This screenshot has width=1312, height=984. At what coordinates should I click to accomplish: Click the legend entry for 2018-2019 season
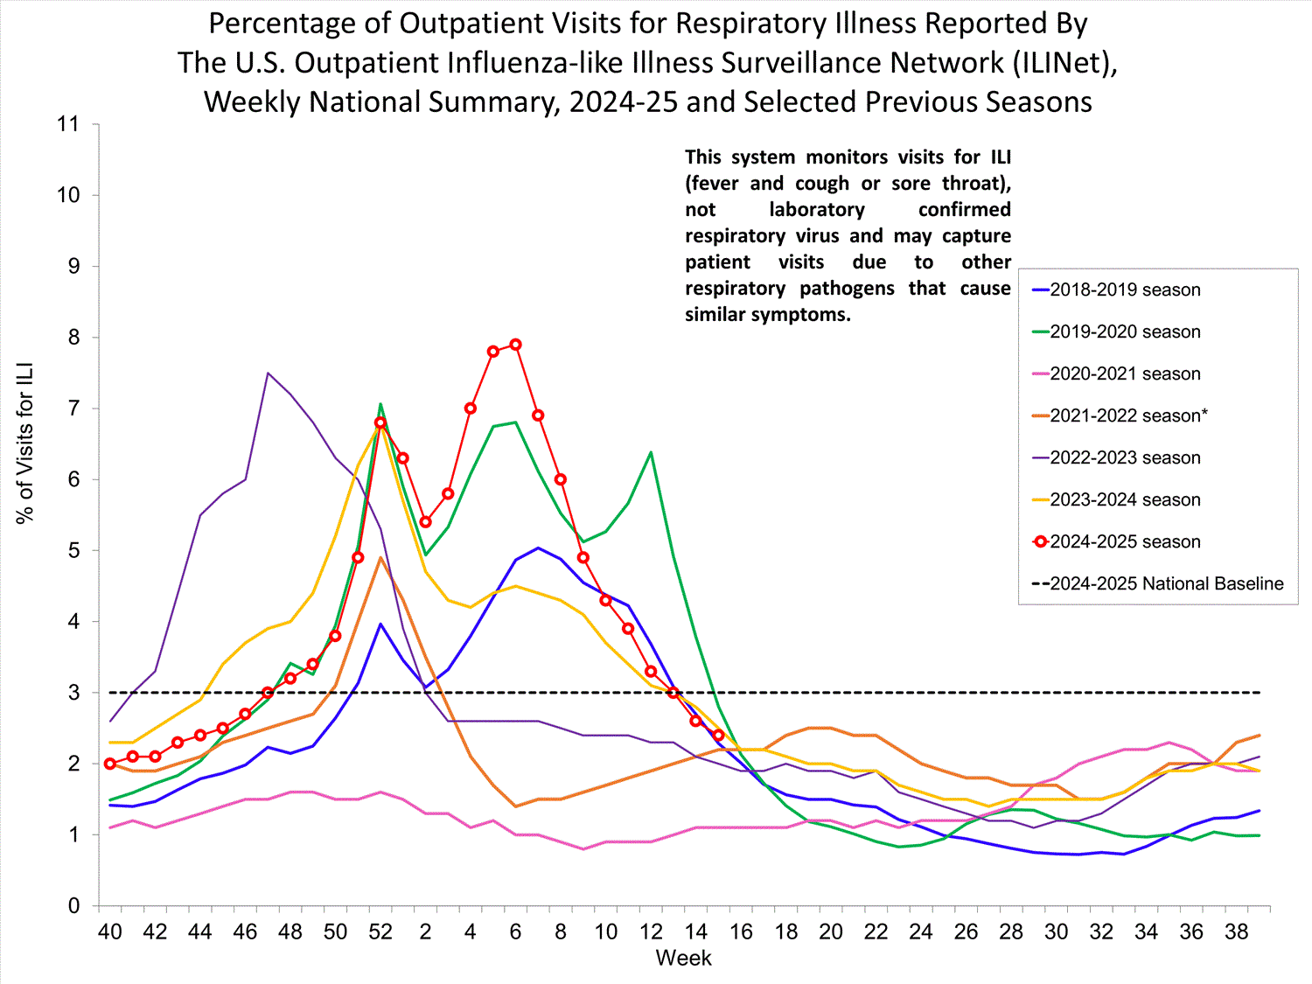pos(1125,290)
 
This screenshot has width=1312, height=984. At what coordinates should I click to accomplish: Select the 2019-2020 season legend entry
pos(1125,332)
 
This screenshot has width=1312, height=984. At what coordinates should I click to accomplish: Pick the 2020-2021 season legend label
pos(1125,374)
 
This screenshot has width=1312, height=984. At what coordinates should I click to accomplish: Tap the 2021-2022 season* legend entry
pos(1128,416)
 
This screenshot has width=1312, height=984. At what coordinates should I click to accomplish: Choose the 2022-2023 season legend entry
pos(1125,458)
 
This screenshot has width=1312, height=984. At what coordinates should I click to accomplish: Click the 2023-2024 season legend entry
pos(1125,500)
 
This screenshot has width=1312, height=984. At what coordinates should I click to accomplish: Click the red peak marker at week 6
pos(516,345)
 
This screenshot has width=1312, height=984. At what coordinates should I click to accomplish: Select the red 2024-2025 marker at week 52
pos(380,422)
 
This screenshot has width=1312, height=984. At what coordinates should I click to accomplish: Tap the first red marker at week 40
pos(110,764)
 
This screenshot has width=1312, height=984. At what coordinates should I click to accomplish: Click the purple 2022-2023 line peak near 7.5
pos(268,373)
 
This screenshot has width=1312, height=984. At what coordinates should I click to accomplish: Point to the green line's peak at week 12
pos(651,452)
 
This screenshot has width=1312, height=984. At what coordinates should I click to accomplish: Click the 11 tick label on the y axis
pos(68,124)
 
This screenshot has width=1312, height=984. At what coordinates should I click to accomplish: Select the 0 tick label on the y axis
pos(73,906)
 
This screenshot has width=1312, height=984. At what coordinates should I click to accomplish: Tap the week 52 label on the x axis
pos(380,932)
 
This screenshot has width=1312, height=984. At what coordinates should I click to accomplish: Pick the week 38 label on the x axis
pos(1237,932)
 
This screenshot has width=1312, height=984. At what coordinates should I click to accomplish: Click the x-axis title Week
pos(683,959)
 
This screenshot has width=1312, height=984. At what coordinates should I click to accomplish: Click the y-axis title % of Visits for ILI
pos(24,443)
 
